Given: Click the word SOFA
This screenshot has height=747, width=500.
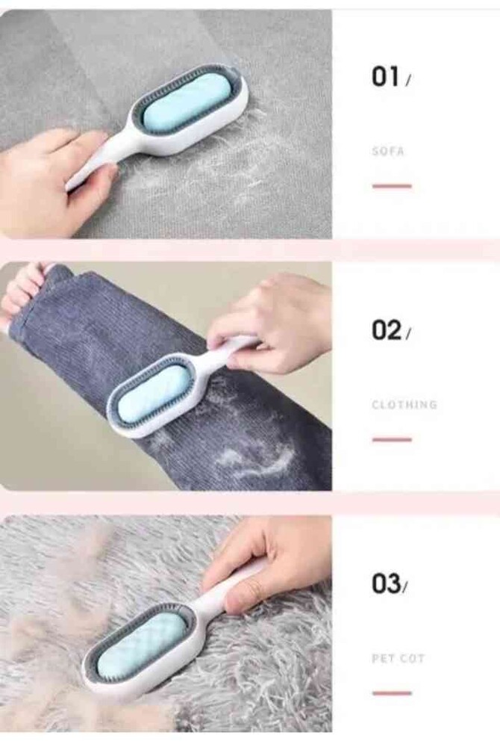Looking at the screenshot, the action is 387,152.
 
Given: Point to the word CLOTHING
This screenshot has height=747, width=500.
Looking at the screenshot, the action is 404,405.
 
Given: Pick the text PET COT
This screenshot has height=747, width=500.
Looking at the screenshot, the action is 398,658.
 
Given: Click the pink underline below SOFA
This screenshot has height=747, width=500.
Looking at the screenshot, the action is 392,186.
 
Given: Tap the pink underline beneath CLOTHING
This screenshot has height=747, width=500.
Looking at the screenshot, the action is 392,439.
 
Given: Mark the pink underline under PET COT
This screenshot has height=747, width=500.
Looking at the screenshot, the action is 392,692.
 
